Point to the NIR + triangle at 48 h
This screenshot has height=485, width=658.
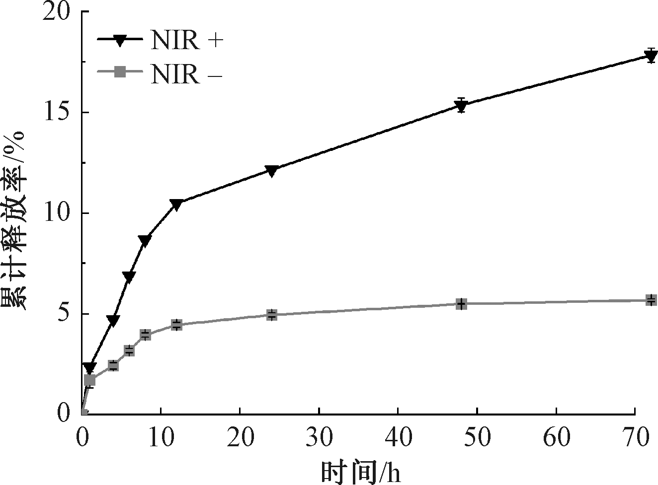pos(461,105)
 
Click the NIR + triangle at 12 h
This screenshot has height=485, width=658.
pos(176,204)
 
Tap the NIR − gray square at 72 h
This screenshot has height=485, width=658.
pos(651,300)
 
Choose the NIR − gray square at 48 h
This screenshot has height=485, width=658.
pos(461,304)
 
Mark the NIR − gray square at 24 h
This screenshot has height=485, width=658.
pos(271,315)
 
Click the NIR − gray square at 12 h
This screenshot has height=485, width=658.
pos(176,325)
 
